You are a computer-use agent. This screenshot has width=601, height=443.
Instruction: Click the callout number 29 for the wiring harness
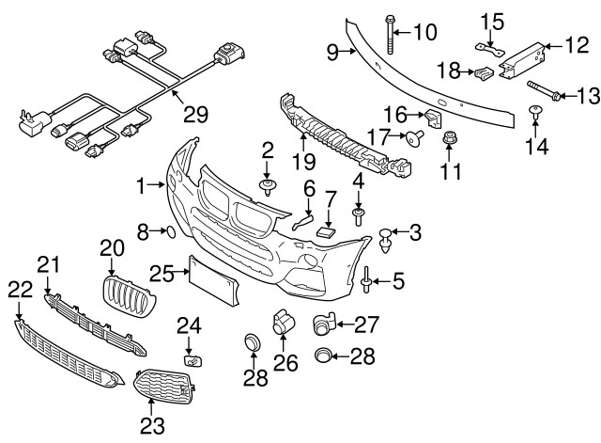point(194,116)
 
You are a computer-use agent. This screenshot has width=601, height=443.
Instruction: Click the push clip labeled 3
point(387,239)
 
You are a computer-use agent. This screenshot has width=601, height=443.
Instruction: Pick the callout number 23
point(151,425)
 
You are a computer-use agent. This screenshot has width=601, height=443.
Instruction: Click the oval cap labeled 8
point(170,229)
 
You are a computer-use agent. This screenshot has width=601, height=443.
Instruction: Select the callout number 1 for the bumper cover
point(142,187)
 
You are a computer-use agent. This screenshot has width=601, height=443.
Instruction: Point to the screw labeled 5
point(364,279)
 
